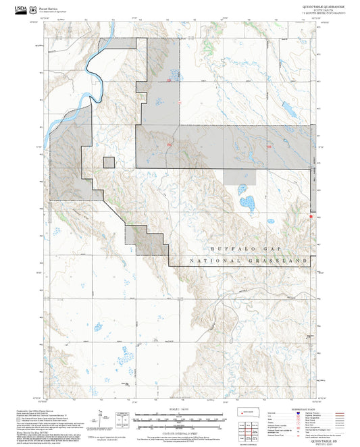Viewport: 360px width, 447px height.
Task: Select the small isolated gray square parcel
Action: click(x=108, y=162)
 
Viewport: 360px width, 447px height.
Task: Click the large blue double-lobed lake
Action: click(x=247, y=202)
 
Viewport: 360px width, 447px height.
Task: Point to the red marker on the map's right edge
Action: click(x=311, y=217)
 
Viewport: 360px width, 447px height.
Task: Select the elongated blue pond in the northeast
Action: click(x=287, y=107)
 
